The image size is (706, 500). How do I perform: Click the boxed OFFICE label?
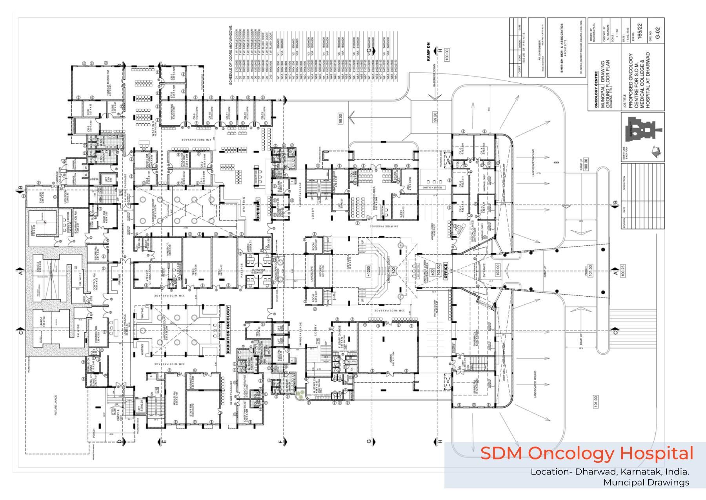445,271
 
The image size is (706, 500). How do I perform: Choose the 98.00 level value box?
340,118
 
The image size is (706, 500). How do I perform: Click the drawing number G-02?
658,32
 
